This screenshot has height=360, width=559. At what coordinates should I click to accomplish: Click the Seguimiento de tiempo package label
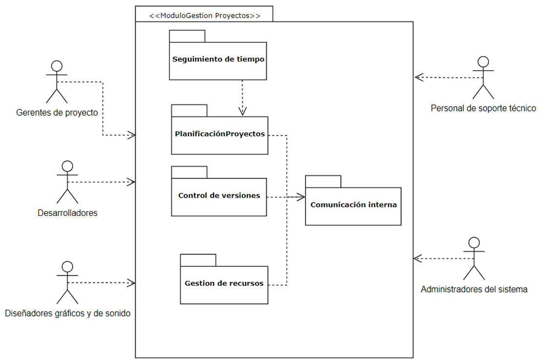coord(218,59)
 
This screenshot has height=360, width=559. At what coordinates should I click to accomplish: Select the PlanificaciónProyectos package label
coord(220,134)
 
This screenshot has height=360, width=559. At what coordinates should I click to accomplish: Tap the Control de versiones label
coord(219,195)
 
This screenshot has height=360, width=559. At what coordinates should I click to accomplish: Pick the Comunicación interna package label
coord(353,205)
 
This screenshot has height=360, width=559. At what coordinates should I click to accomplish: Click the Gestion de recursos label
coord(224,283)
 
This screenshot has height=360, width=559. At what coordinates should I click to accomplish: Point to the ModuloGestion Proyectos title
coord(205,16)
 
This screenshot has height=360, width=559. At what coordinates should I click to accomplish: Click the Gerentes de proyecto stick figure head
coord(57,66)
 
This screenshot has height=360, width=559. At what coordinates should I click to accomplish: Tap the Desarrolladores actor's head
coord(67,166)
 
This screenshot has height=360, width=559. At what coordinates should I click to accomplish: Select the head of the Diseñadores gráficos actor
coord(67,267)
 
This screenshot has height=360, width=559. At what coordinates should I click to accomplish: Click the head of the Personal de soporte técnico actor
coord(483,62)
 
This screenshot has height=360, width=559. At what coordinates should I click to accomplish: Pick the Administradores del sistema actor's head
coord(474,243)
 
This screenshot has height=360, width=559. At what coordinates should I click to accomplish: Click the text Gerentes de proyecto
coord(57,113)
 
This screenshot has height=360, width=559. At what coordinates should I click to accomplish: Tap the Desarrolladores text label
coord(67,213)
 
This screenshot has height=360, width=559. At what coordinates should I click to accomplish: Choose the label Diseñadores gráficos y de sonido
coord(67,314)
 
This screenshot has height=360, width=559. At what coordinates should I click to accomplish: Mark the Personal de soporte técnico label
coord(483,108)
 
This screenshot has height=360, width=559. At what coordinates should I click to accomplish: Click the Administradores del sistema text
coord(474,289)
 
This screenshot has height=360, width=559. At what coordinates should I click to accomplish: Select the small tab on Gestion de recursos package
coord(198,260)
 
